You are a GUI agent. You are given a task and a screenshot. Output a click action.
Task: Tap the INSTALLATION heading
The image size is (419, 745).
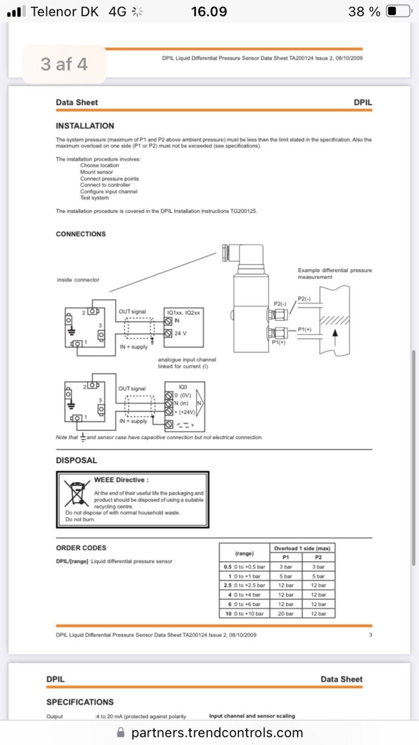tap(85, 126)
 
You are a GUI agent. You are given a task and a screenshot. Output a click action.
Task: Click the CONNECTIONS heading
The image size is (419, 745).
tap(81, 234)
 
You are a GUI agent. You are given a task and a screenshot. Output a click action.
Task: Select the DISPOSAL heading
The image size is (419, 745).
tap(76, 460)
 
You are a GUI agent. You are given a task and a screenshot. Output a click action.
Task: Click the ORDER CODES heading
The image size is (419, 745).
tap(81, 548)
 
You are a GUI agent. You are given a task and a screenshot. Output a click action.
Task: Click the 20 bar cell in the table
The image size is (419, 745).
tap(286, 614)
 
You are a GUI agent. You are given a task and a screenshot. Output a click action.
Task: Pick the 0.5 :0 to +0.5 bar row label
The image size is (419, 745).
tap(244, 567)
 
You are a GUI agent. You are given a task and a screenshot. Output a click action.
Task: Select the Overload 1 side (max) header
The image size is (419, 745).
tap(302, 548)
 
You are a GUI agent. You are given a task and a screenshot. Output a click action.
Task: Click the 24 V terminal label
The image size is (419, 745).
tap(180, 333)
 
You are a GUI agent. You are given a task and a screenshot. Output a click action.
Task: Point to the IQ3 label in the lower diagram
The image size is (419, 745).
tap(183, 387)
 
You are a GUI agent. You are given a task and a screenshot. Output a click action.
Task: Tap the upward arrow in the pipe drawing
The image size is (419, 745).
tap(334, 333)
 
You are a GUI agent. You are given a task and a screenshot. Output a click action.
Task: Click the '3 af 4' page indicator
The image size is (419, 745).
tap(64, 64)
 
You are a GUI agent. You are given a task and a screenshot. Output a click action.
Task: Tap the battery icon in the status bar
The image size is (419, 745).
tap(398, 11)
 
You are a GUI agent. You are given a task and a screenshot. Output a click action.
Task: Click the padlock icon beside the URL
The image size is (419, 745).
tap(121, 732)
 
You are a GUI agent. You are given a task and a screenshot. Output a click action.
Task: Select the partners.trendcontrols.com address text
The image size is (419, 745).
tap(217, 732)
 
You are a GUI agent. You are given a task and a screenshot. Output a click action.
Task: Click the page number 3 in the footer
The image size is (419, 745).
tap(371, 635)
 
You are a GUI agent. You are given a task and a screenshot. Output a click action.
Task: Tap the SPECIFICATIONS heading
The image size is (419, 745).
tap(80, 702)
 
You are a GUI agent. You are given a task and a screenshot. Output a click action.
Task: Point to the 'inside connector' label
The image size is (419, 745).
tap(78, 280)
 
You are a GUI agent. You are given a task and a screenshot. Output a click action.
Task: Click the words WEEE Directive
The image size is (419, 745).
tap(121, 480)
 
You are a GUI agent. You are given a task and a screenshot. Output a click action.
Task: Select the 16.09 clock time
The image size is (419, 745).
tap(209, 11)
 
